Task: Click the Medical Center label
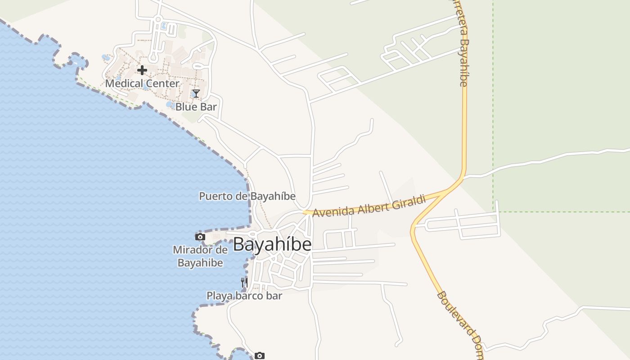[x=142, y=84]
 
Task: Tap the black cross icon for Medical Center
[x=142, y=70]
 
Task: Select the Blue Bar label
[x=196, y=107]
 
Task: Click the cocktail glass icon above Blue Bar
[x=196, y=94]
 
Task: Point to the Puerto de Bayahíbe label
[x=247, y=196]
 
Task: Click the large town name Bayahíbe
[x=272, y=244]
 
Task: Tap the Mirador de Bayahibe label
[x=200, y=256]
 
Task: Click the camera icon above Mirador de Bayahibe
[x=200, y=237]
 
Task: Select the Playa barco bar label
[x=244, y=296]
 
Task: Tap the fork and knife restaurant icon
[x=244, y=282]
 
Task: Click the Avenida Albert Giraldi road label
[x=369, y=206]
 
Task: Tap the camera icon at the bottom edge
[x=259, y=356]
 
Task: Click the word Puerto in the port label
[x=213, y=196]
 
